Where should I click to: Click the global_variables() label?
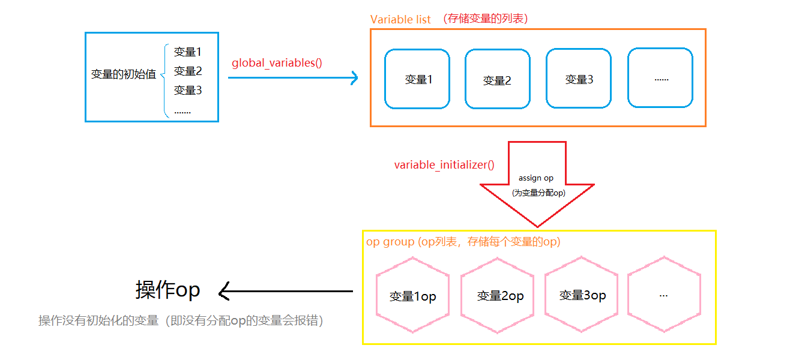277,62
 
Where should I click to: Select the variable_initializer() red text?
444,164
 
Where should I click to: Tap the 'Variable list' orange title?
400,19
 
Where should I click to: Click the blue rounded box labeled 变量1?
417,79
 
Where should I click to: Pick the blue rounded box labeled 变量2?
498,79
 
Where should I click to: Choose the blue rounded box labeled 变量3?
579,79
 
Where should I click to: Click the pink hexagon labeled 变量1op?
412,295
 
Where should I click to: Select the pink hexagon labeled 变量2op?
497,295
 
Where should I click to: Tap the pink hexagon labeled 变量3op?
580,295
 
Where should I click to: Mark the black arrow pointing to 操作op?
285,292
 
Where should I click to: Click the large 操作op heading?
167,290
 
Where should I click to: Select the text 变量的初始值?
124,74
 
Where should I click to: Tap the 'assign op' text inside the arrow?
536,178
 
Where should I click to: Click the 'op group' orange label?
390,242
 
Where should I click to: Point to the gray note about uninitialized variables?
181,320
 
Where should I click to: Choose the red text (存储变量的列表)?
485,19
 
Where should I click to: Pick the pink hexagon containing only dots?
664,295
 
